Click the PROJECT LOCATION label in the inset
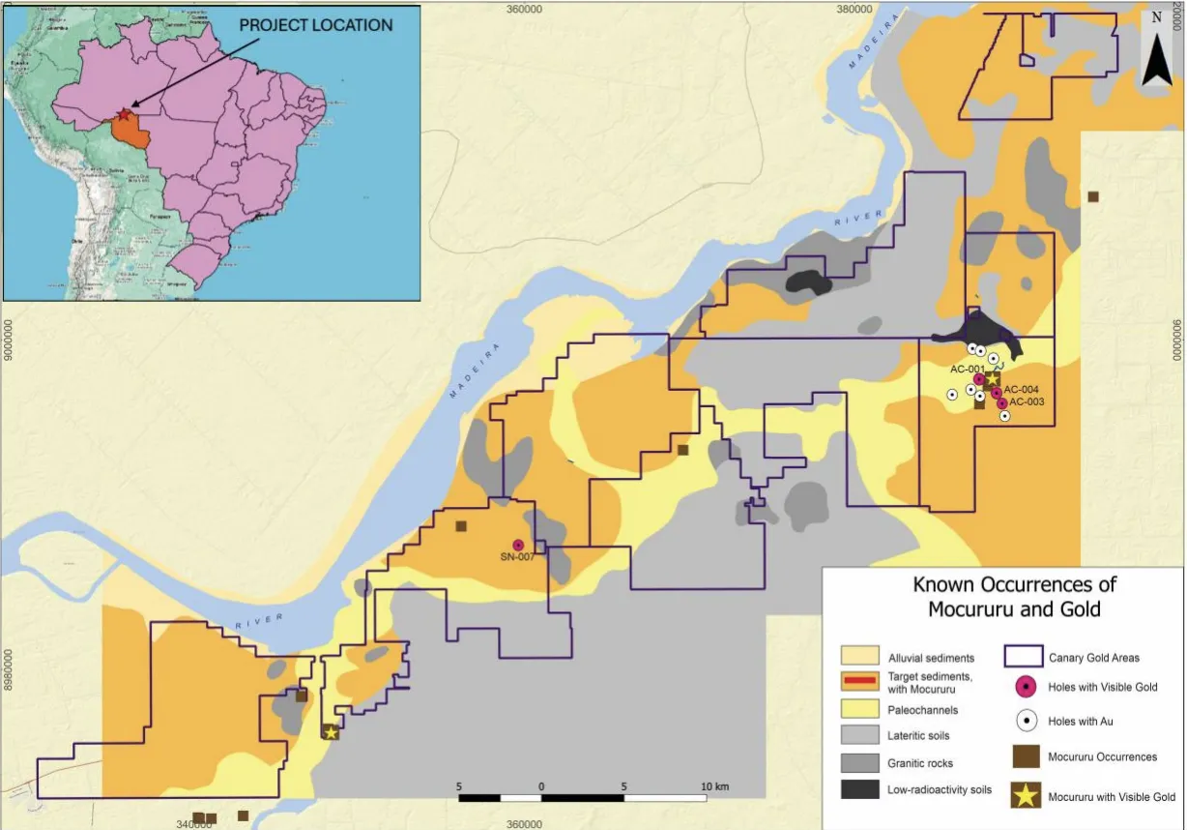pyautogui.click(x=316, y=25)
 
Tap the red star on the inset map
pyautogui.click(x=123, y=115)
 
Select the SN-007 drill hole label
pyautogui.click(x=518, y=557)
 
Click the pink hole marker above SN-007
pyautogui.click(x=518, y=545)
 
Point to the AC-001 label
pyautogui.click(x=967, y=369)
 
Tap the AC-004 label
pyautogui.click(x=1022, y=390)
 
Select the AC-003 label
pyautogui.click(x=1027, y=401)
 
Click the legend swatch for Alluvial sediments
pyautogui.click(x=859, y=658)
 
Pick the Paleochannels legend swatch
pyautogui.click(x=859, y=710)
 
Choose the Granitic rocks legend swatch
pyautogui.click(x=859, y=763)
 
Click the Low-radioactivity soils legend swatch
pyautogui.click(x=859, y=789)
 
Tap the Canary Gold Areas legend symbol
pyautogui.click(x=1026, y=658)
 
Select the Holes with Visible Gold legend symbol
pyautogui.click(x=1026, y=688)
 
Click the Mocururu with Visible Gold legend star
pyautogui.click(x=1026, y=796)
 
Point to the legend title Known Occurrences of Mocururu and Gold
pyautogui.click(x=1014, y=597)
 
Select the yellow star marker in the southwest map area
pyautogui.click(x=331, y=732)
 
